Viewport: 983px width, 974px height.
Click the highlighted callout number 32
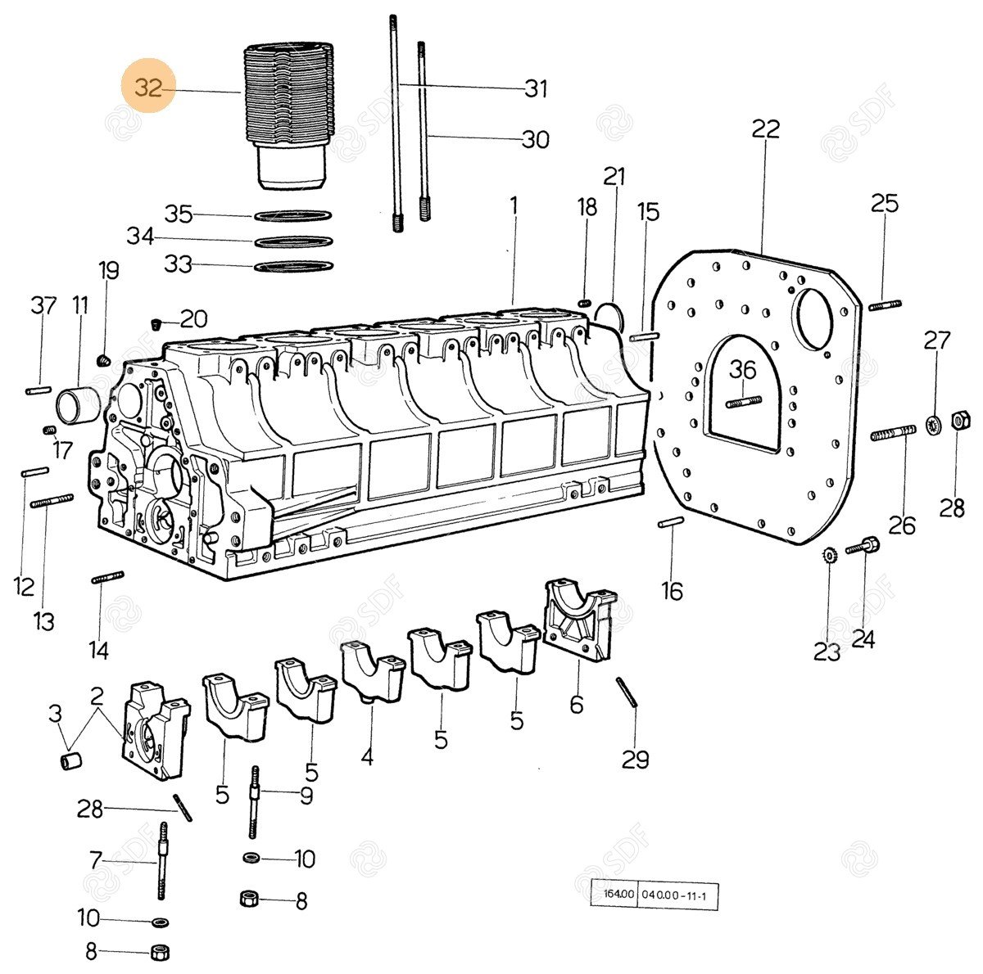coord(148,88)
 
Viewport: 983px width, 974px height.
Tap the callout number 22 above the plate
coord(766,129)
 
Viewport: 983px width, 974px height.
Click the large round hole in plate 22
coord(815,318)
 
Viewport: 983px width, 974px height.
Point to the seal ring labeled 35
coord(293,216)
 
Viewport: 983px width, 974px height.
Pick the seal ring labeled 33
coord(293,266)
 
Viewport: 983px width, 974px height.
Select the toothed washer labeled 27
coord(931,424)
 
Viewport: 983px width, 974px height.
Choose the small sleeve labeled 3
coord(70,762)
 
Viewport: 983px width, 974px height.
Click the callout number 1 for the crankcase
coord(514,205)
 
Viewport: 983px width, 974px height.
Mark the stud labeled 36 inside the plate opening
coord(744,401)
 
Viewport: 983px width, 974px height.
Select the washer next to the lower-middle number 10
coord(251,857)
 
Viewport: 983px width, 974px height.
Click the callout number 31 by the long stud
coord(536,88)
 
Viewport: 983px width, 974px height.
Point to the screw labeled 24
coord(863,545)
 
